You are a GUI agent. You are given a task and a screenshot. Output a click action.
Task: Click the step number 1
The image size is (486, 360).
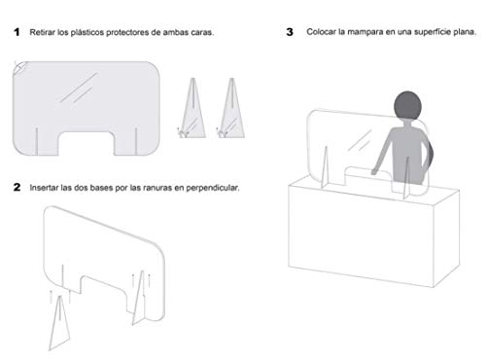click(17, 32)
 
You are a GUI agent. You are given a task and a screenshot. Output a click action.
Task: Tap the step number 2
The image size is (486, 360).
click(17, 187)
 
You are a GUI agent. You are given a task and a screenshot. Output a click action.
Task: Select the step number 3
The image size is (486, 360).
click(290, 32)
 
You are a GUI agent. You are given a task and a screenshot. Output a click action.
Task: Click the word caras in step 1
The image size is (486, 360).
click(203, 32)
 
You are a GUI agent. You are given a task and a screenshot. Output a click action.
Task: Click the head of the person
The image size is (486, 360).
click(407, 106)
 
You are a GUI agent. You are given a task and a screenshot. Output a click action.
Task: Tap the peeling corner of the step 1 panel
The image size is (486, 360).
click(20, 68)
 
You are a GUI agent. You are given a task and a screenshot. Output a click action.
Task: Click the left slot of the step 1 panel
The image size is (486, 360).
click(37, 141)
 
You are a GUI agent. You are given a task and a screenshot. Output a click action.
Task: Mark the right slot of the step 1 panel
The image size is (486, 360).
click(136, 141)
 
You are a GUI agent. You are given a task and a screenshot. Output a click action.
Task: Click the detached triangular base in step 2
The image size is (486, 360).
click(59, 323)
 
